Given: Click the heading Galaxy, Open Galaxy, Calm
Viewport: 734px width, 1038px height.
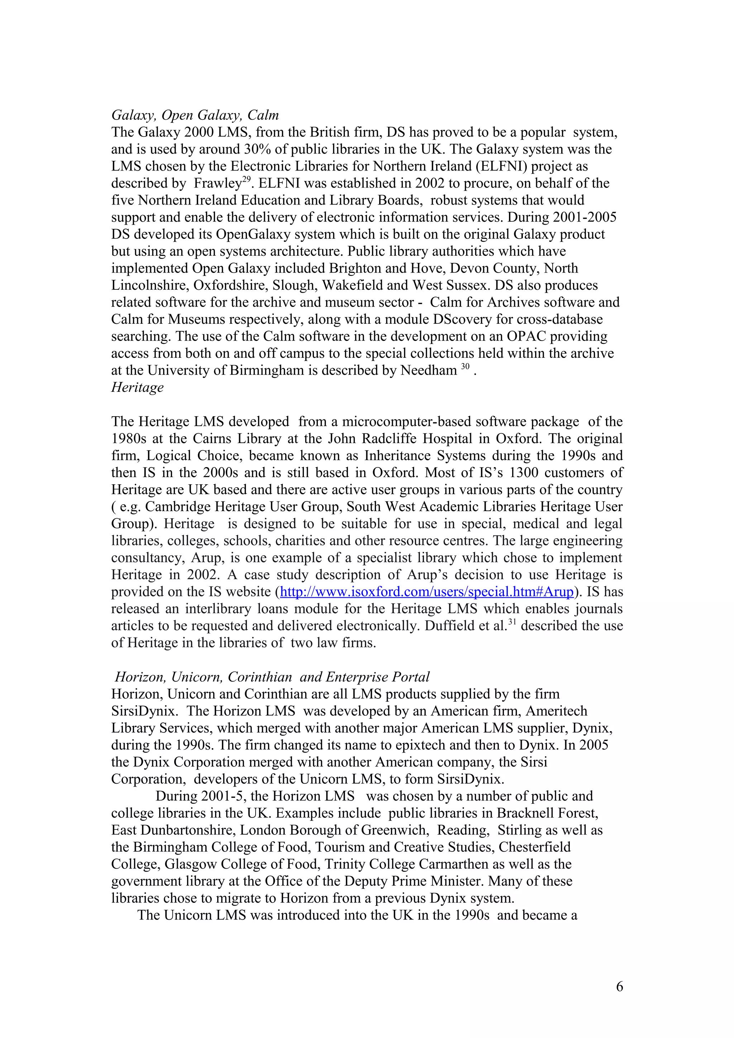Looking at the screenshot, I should [195, 115].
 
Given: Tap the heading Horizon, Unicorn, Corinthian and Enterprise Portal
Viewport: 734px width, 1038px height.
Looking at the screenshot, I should [272, 677].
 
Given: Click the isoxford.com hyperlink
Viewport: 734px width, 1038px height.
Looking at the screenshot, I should [426, 592].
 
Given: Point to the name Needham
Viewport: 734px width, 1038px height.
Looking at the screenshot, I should [428, 371].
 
